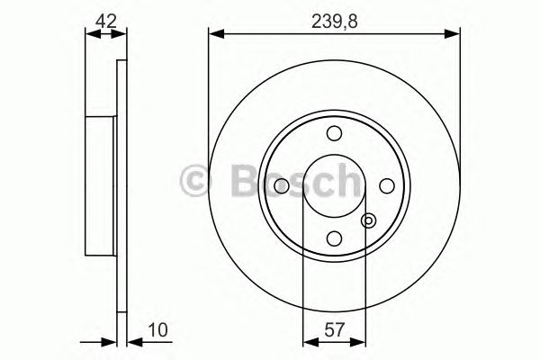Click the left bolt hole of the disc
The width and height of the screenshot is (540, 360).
coord(281,185)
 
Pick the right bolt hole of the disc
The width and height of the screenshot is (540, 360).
coord(387,185)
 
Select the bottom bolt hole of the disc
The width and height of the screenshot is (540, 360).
coord(334,238)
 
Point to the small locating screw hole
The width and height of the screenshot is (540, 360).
coord(367,219)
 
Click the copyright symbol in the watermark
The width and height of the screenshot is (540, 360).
coord(195,179)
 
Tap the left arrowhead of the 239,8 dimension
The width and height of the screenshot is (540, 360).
coord(214,34)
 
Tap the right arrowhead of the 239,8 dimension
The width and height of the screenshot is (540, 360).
coord(454,34)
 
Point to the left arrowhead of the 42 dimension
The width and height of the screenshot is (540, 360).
coord(89,34)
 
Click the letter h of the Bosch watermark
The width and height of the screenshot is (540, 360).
coord(346,179)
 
